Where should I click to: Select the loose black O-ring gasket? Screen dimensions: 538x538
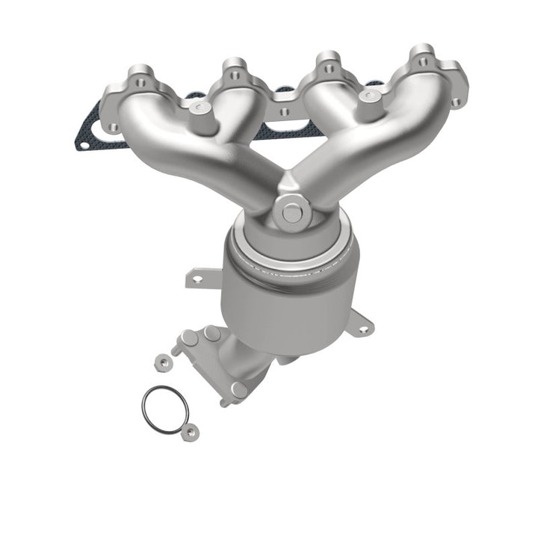(x=164, y=409)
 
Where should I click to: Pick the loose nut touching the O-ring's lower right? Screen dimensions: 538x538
(x=192, y=431)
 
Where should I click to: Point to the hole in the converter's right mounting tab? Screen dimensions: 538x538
(x=364, y=327)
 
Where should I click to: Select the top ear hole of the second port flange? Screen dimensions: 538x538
(x=233, y=74)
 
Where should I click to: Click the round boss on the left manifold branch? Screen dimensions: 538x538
(x=198, y=109)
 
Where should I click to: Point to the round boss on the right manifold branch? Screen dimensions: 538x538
(x=367, y=96)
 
